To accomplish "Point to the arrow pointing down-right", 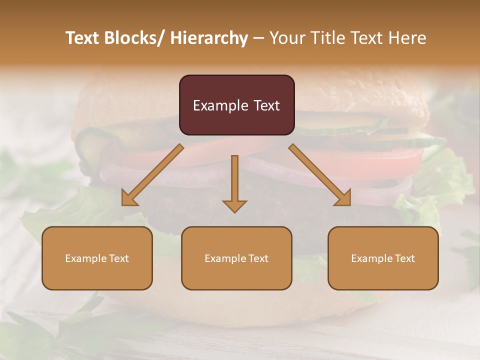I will (320, 175).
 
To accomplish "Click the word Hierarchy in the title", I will (209, 38).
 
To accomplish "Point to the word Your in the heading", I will (286, 38).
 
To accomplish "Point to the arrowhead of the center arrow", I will (234, 206).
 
